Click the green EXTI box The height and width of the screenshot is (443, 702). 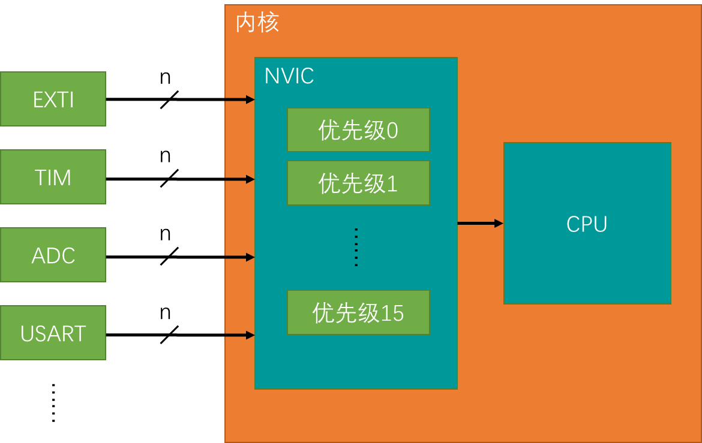pos(53,99)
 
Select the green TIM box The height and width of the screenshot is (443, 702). pos(53,177)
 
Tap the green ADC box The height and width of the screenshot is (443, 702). pos(53,255)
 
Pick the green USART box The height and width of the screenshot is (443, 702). pos(53,333)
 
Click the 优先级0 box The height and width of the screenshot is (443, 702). pos(358,130)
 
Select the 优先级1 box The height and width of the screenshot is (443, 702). pos(358,183)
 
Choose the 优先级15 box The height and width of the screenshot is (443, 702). pos(358,312)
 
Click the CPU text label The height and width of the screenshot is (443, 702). pos(587,224)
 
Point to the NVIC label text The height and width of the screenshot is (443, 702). pos(289,76)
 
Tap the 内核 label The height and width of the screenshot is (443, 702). pos(257,23)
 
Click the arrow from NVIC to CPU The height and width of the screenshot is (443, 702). pos(480,224)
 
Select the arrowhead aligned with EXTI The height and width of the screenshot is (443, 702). pos(250,100)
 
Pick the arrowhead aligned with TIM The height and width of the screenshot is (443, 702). pos(250,179)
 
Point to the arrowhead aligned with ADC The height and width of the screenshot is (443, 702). pos(250,257)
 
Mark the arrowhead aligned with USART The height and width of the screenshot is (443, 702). pos(250,335)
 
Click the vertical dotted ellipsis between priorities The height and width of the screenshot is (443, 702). pos(356,247)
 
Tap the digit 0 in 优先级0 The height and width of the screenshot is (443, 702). pos(392,131)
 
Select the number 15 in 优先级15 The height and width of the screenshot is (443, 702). pos(392,313)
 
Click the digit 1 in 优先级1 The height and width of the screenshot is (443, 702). pos(392,183)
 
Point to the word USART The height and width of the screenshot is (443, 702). pos(53,333)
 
